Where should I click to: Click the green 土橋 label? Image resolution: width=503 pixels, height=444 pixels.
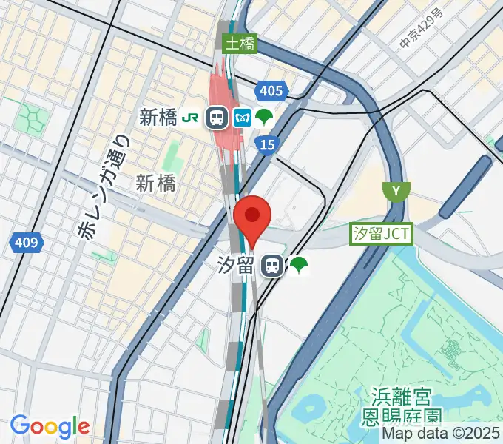point(241,44)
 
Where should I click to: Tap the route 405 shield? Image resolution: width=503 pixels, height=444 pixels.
point(270,91)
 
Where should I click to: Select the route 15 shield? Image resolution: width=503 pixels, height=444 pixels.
point(268,144)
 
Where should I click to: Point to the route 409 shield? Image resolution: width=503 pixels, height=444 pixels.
point(28,241)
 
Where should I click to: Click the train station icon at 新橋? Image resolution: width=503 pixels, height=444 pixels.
point(217,117)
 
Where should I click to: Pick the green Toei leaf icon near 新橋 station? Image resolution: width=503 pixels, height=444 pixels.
point(264,117)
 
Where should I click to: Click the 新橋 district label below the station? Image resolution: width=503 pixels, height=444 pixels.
point(155,184)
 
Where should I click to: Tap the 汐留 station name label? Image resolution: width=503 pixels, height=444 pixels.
point(237,266)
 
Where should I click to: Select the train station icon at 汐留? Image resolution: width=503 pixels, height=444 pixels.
point(273,266)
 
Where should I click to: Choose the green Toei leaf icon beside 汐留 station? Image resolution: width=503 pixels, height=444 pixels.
point(299,266)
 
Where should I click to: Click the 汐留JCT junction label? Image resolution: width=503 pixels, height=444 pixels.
point(382,234)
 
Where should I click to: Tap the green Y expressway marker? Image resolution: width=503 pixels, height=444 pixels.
point(396,192)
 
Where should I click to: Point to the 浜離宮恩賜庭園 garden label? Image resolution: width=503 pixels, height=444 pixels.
point(396,409)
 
